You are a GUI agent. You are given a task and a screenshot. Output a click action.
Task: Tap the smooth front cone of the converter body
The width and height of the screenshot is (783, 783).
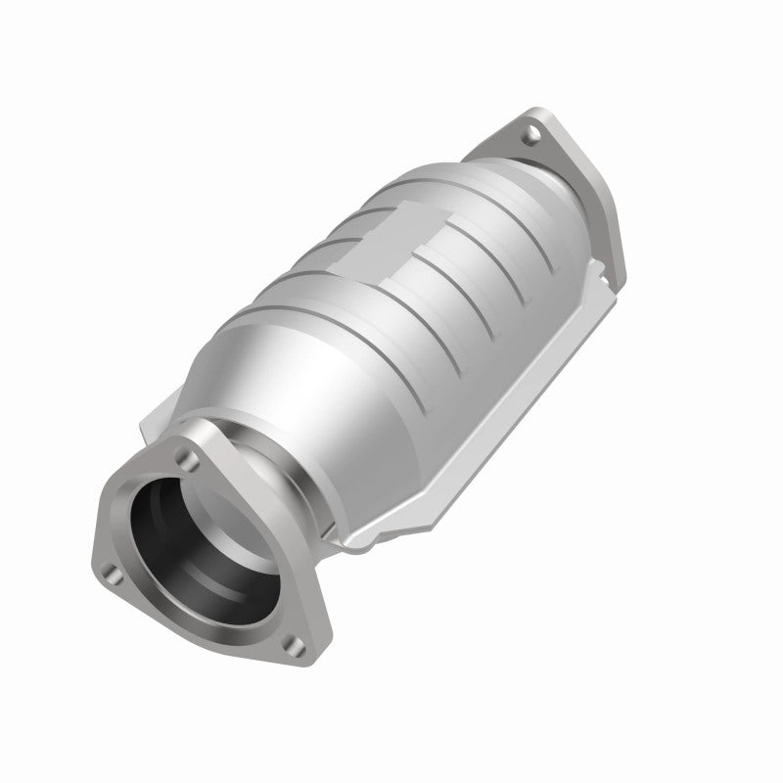click(x=294, y=382)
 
